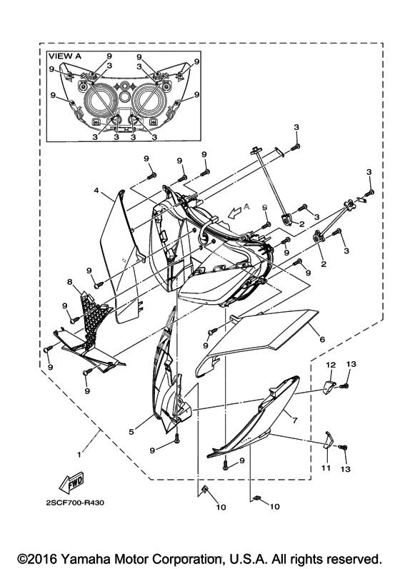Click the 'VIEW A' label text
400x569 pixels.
pos(65,56)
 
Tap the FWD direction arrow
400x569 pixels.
pos(71,483)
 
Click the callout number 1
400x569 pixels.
pos(79,454)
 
